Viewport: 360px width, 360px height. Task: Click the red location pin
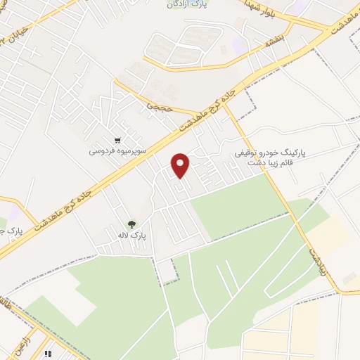click(181, 165)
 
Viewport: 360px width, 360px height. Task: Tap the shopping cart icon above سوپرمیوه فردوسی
click(125, 139)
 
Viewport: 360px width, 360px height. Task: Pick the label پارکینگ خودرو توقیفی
click(264, 153)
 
